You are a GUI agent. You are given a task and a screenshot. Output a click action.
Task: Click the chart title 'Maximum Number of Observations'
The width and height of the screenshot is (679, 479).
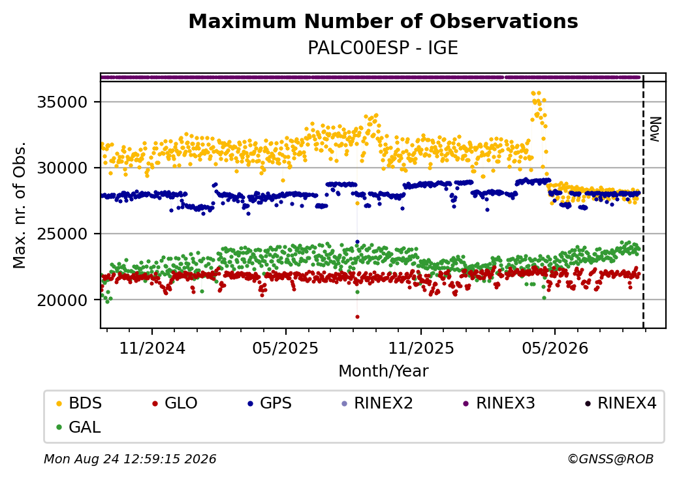(383, 21)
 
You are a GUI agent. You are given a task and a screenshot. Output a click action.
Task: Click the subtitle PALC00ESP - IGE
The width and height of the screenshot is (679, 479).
(383, 48)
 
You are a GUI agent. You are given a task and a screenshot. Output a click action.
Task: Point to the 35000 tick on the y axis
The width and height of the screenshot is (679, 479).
(63, 102)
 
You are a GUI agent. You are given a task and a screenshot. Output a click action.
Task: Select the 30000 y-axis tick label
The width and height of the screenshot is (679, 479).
(63, 168)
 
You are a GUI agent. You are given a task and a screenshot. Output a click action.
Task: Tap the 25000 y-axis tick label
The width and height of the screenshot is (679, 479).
(63, 234)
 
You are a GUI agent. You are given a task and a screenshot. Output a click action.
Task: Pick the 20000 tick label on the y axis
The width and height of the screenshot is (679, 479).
(63, 300)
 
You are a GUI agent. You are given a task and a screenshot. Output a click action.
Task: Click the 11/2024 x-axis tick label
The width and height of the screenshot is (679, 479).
(152, 348)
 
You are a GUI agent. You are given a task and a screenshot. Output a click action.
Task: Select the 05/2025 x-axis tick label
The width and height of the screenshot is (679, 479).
(285, 348)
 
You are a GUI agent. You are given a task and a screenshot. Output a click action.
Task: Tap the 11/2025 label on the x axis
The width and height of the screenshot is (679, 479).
(421, 348)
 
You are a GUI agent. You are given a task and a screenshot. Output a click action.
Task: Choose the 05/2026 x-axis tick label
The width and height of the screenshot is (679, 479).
(555, 348)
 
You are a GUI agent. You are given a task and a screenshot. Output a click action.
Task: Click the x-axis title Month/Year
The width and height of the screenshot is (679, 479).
(383, 371)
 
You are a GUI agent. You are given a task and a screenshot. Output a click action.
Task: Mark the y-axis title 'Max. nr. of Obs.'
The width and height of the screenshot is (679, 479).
(20, 205)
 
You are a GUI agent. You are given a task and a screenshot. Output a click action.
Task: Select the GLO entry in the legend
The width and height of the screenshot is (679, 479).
(175, 403)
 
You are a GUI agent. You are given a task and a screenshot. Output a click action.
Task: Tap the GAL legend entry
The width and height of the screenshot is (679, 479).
(79, 427)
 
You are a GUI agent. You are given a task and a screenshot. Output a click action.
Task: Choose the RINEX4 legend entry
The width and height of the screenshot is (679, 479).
(620, 403)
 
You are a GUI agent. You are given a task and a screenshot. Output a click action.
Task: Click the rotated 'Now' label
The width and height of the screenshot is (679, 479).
(655, 129)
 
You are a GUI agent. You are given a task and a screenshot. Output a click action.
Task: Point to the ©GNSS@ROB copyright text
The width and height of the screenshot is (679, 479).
(610, 459)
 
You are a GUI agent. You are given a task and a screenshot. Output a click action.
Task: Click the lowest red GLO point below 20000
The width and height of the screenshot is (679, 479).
(357, 317)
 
